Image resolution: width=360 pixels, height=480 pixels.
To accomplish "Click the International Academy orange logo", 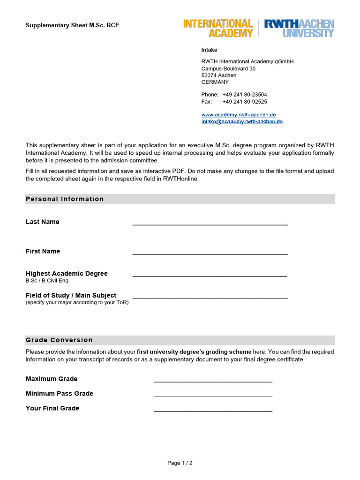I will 218,28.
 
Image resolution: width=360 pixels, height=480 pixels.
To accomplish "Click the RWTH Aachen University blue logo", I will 299,28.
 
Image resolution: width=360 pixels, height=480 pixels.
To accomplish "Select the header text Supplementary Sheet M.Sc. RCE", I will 72,25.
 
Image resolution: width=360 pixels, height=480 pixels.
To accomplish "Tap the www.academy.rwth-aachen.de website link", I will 239,115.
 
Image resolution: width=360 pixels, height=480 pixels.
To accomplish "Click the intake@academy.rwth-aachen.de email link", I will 242,121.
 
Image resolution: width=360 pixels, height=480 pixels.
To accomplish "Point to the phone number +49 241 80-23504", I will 245,95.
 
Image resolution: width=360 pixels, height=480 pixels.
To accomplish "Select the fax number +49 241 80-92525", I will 245,102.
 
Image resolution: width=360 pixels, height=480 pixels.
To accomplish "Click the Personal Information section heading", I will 65,199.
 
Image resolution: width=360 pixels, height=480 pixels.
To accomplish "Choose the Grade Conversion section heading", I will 59,340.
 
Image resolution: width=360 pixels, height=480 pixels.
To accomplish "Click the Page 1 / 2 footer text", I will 180,463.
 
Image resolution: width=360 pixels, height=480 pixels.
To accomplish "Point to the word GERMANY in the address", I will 215,82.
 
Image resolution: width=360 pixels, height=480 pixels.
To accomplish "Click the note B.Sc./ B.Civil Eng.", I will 47,281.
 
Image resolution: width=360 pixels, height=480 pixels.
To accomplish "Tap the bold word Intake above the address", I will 209,50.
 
